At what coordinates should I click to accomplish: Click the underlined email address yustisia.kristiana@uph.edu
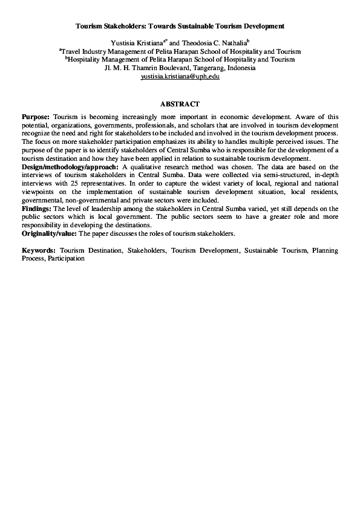(180, 77)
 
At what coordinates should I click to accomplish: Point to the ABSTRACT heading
(180, 105)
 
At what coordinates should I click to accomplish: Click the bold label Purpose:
(36, 117)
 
